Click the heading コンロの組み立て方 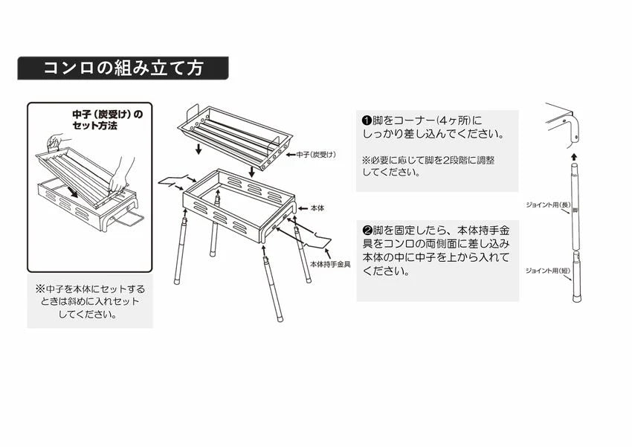click(123, 68)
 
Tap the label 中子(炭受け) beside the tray click(317, 154)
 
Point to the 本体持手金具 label click(329, 264)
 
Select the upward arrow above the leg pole click(573, 157)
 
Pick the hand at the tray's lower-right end click(117, 181)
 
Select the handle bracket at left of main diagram click(175, 181)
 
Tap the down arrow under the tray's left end click(199, 152)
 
